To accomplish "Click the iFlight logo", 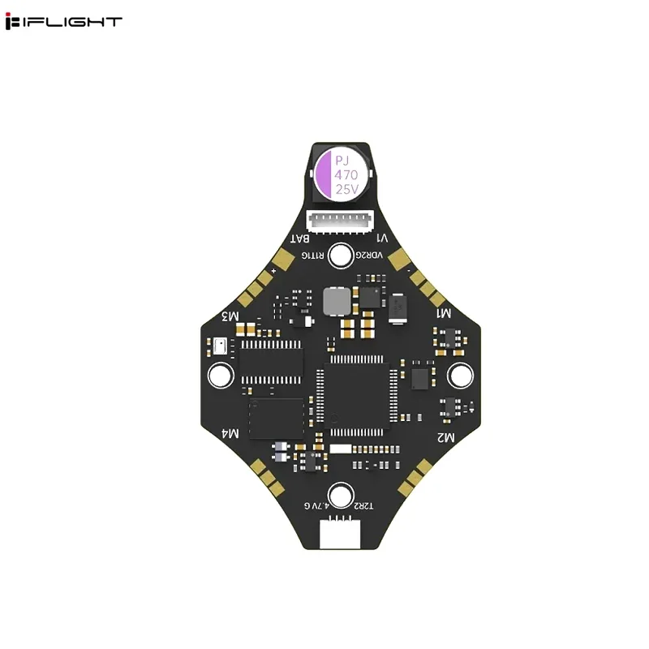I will click(63, 22).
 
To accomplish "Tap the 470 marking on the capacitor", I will click(346, 174).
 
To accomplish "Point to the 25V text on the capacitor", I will click(346, 189).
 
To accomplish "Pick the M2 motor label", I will click(445, 437).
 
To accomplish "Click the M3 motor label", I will click(230, 315).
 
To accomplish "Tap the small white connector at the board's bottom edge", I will click(341, 533).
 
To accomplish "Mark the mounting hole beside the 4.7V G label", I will click(341, 495).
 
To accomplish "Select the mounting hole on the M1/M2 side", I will click(459, 375).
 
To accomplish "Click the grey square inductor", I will click(337, 302).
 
